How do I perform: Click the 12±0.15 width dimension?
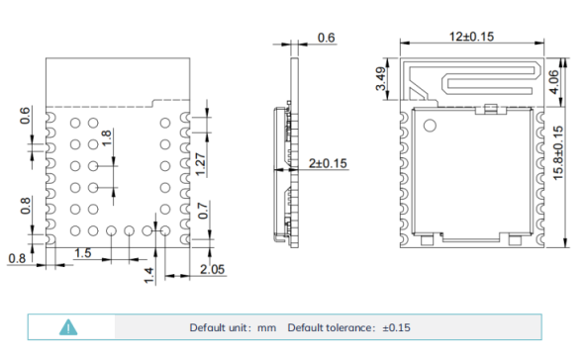click(x=471, y=37)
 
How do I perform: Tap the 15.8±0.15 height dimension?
click(x=558, y=153)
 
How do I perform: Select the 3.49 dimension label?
click(x=381, y=78)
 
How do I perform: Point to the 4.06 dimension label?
click(x=554, y=82)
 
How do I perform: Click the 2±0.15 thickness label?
click(x=328, y=163)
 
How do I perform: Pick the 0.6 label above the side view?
click(x=327, y=38)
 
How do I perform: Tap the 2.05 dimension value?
click(x=212, y=269)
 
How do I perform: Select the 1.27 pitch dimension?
click(x=200, y=164)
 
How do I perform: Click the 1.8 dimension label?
click(x=106, y=138)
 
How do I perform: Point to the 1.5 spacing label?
click(x=83, y=253)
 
